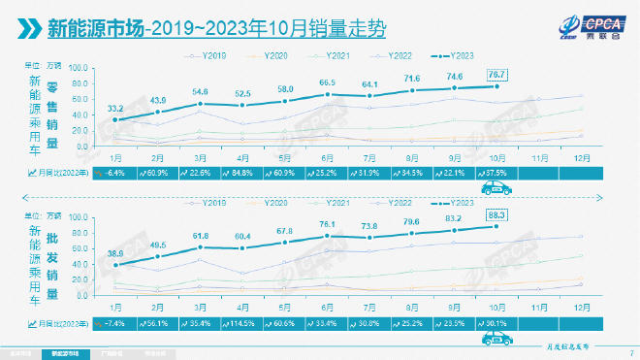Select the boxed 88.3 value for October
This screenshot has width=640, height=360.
point(496,215)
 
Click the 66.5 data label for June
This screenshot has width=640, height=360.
point(328,82)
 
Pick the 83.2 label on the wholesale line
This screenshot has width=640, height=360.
point(454,219)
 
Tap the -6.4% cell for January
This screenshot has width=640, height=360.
point(115,173)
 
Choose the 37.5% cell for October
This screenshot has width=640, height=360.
point(496,173)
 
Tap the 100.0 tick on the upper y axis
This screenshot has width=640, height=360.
point(80,70)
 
